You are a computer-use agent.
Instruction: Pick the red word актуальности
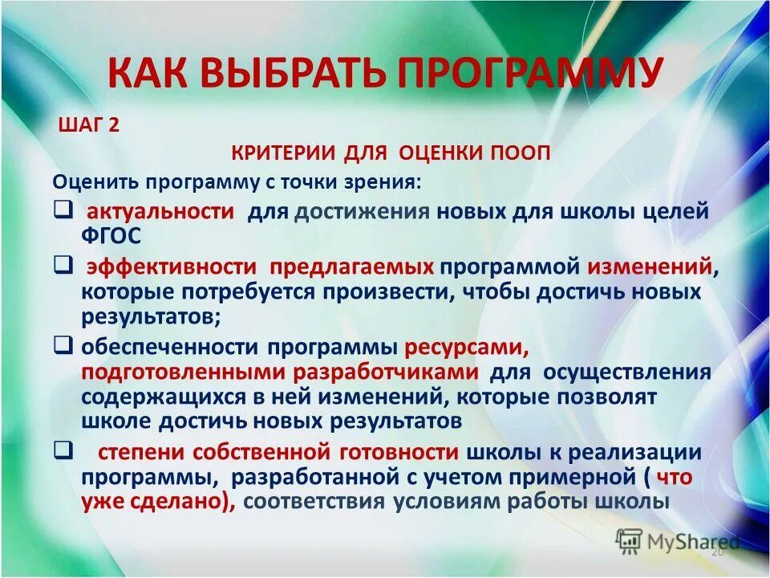[x=160, y=212]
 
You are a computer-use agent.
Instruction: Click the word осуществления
[x=627, y=372]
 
